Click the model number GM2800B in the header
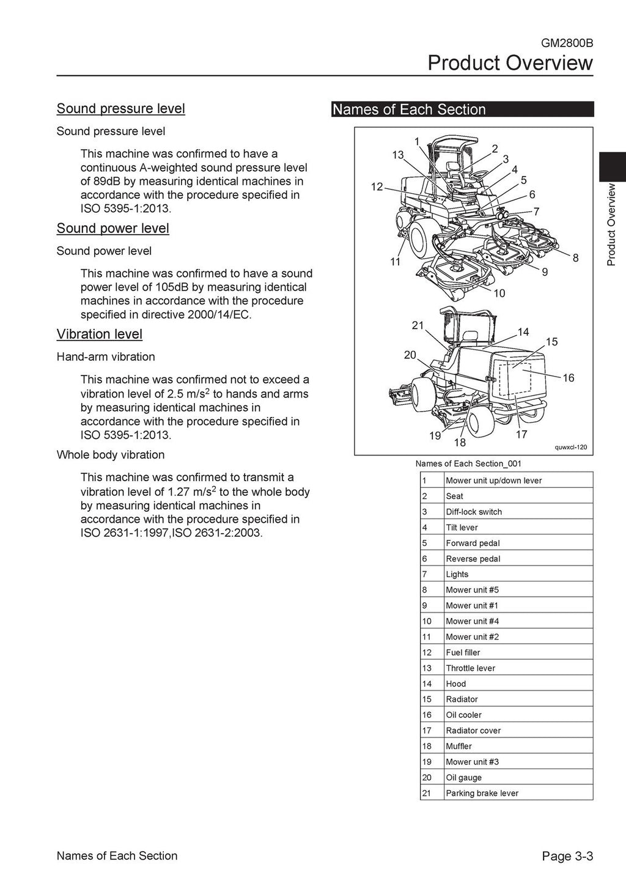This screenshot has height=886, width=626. point(567,43)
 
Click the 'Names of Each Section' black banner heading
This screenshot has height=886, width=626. point(408,109)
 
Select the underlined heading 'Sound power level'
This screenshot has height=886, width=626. point(112,228)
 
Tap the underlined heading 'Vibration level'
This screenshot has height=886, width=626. point(99,334)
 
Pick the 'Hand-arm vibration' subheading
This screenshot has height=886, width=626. point(105,356)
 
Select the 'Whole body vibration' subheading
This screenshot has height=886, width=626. point(110,454)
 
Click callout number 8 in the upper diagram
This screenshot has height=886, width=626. point(575,258)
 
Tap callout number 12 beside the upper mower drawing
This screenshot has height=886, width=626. point(377,186)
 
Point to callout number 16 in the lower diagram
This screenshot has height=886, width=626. point(569,378)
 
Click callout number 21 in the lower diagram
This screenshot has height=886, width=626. point(418,325)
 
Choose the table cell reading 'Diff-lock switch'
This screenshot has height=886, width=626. point(474,512)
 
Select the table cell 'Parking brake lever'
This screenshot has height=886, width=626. point(482,793)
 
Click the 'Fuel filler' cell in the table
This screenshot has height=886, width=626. point(463,652)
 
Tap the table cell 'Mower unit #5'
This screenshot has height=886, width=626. point(472,590)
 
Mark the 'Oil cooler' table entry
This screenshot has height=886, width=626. point(463,715)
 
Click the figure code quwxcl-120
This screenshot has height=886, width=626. point(570,448)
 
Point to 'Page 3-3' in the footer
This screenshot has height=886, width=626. point(567,856)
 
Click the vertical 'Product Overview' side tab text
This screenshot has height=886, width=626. point(611,224)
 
